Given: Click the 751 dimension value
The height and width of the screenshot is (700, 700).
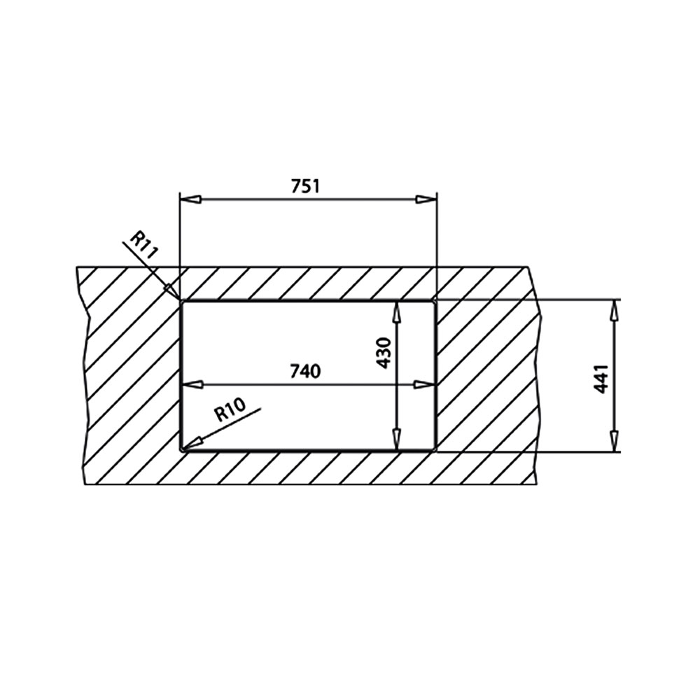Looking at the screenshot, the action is pos(306,185).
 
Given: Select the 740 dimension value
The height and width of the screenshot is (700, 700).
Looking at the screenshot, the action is pos(305,371).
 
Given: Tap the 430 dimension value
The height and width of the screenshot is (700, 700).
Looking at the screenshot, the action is pos(384,353).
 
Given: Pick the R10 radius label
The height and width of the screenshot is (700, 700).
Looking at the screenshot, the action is pos(230,409).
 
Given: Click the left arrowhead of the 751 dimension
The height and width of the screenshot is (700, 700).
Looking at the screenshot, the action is pos(189,199).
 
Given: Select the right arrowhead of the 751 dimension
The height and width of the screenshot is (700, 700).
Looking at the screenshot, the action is pos(426,199).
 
